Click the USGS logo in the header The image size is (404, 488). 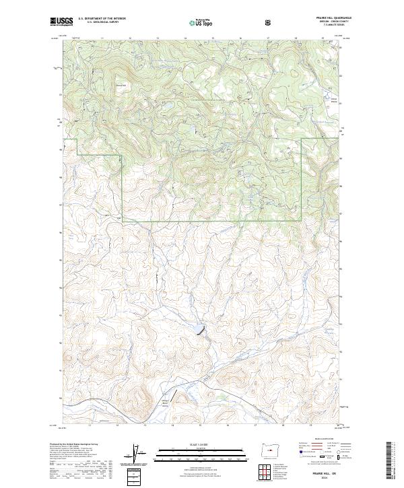tap(61, 22)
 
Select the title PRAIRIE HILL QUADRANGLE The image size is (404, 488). tap(323, 18)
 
